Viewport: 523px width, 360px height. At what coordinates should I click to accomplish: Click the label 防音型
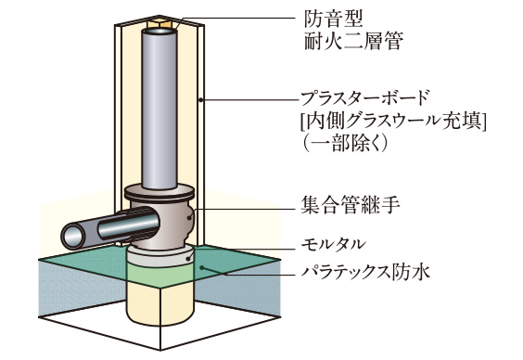330,19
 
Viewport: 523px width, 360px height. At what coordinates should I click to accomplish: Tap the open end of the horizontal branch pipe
73,237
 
